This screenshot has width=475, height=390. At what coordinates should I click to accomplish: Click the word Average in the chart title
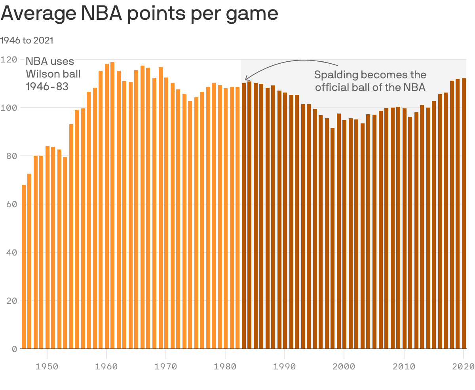[x=38, y=14]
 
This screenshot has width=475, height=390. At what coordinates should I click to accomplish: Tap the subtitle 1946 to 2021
[x=27, y=40]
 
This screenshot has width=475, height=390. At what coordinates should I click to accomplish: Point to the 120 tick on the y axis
[x=9, y=60]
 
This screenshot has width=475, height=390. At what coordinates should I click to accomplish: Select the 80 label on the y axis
[x=12, y=156]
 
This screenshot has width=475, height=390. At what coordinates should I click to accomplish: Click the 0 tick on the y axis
[x=14, y=349]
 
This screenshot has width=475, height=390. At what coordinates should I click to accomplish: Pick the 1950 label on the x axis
[x=47, y=366]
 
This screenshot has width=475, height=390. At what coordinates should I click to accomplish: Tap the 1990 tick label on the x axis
[x=285, y=366]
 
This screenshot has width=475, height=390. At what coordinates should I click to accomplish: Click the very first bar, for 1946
[x=24, y=267]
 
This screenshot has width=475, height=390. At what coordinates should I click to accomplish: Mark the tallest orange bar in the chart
[x=112, y=206]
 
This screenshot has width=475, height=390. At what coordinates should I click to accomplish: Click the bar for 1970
[x=166, y=214]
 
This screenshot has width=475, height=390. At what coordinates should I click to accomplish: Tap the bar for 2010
[x=404, y=229]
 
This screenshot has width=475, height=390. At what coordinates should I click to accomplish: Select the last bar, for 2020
[x=464, y=214]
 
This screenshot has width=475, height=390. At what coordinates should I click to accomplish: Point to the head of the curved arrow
[x=246, y=80]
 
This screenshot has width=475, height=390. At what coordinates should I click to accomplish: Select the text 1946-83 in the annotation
[x=47, y=86]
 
